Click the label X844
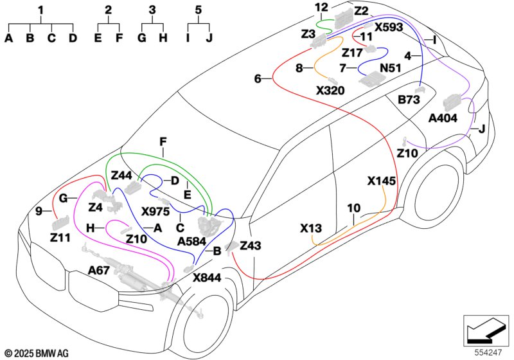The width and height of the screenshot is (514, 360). pyautogui.click(x=207, y=278)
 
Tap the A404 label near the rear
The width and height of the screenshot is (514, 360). pyautogui.click(x=443, y=118)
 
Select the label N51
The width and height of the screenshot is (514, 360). pyautogui.click(x=391, y=68)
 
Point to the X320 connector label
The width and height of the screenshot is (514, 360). pyautogui.click(x=330, y=90)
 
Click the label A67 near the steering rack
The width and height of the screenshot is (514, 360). pyautogui.click(x=99, y=271)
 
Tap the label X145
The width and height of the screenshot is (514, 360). pyautogui.click(x=381, y=181)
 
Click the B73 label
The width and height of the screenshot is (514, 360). pyautogui.click(x=409, y=100)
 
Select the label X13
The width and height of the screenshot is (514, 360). pyautogui.click(x=311, y=228)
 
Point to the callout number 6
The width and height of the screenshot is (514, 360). pyautogui.click(x=258, y=78)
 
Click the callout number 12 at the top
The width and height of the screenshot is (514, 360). pyautogui.click(x=322, y=7)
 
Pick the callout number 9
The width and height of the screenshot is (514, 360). pyautogui.click(x=39, y=212)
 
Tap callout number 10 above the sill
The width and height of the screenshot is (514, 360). pyautogui.click(x=354, y=208)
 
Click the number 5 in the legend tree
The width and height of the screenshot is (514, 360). pyautogui.click(x=199, y=10)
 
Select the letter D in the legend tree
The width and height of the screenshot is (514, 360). pyautogui.click(x=73, y=38)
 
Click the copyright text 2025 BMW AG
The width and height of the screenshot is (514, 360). pyautogui.click(x=37, y=354)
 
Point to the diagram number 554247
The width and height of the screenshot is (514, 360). pyautogui.click(x=488, y=353)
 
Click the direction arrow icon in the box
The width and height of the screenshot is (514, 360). pyautogui.click(x=486, y=330)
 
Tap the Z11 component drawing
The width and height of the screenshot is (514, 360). pyautogui.click(x=61, y=223)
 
